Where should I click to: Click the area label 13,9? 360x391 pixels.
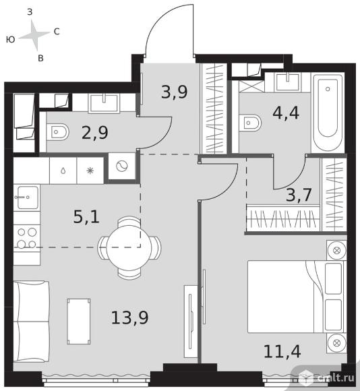tap(129, 318)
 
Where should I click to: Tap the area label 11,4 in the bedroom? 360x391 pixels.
tap(282, 351)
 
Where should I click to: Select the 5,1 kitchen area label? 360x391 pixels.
tap(86, 216)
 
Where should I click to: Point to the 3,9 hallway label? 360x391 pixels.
tap(174, 92)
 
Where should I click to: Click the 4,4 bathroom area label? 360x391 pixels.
tap(286, 113)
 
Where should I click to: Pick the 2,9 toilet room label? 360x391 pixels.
tap(95, 132)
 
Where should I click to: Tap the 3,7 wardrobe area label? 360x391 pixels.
tap(299, 195)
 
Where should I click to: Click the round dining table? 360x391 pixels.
tap(129, 247)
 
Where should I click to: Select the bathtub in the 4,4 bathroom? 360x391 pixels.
tap(328, 113)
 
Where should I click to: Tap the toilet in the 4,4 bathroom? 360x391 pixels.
tap(250, 123)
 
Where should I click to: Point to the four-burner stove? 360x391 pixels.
tap(27, 238)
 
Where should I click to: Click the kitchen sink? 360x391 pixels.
tap(28, 198)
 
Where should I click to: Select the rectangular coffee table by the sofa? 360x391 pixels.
tap(79, 322)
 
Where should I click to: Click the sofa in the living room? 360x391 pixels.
tap(31, 321)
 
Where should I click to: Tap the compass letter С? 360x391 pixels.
tap(57, 32)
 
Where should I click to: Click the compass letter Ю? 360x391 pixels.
tap(11, 39)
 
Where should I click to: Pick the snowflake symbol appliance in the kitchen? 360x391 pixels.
tap(90, 171)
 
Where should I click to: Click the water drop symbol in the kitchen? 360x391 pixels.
tap(63, 171)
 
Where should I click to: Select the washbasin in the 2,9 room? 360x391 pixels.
tap(103, 102)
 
